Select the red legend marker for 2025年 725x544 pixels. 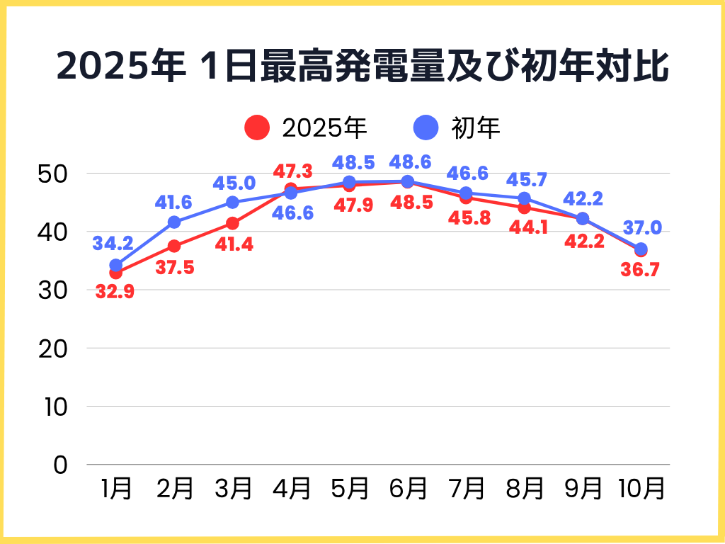(x=257, y=127)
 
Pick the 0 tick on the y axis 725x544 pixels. (x=60, y=465)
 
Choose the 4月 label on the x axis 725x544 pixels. (x=291, y=489)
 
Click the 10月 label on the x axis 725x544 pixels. (x=641, y=489)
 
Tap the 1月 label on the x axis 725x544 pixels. (x=116, y=489)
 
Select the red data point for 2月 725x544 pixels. (x=174, y=246)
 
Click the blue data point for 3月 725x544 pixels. (x=232, y=203)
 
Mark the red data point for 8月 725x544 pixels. (x=524, y=208)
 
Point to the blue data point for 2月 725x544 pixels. (x=174, y=222)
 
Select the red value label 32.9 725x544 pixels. (x=115, y=291)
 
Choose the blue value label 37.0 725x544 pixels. (x=642, y=227)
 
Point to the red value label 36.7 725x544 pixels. (x=641, y=269)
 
